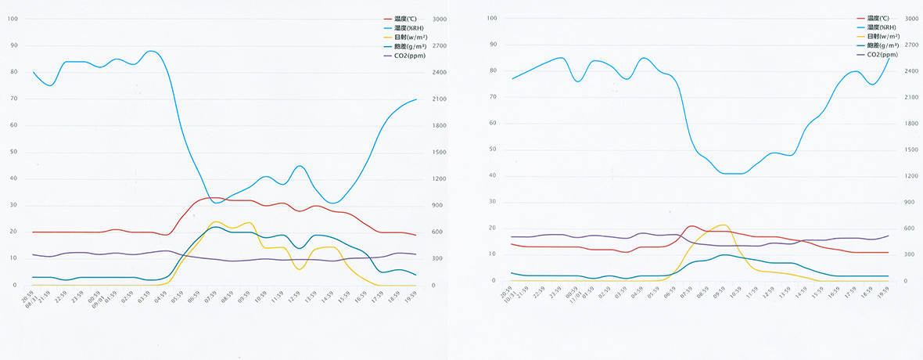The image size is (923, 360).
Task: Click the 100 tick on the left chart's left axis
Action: coord(13,19)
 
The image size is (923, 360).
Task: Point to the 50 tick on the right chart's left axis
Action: coord(492,149)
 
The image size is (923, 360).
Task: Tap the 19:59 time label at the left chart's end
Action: coord(415,298)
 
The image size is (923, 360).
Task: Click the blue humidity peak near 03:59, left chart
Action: coord(152,51)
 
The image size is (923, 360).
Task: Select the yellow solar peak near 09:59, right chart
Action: coord(724,225)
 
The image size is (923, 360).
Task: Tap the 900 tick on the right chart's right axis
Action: coord(910,202)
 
